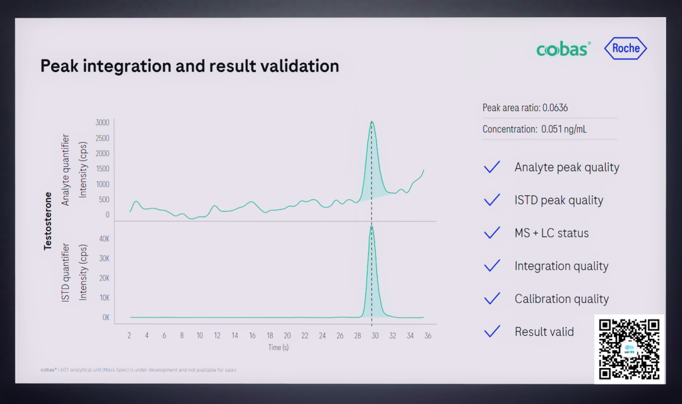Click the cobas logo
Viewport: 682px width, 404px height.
[563, 49]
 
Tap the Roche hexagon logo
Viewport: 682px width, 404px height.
[625, 49]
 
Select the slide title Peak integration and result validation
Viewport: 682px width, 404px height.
[189, 66]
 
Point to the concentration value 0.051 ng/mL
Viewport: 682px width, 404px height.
[563, 129]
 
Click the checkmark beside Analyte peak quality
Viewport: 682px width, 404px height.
[492, 167]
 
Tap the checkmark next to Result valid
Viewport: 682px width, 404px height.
[492, 331]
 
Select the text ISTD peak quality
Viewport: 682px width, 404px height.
[559, 200]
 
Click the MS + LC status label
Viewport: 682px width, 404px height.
[551, 233]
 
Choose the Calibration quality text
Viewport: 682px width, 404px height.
[561, 299]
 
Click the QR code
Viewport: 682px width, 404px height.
[629, 349]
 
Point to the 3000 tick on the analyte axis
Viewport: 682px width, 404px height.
[102, 123]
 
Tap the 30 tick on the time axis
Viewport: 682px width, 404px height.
[374, 335]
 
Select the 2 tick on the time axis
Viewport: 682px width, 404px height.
[129, 335]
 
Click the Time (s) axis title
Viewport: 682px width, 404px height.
[278, 347]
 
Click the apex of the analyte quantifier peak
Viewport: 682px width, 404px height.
[372, 121]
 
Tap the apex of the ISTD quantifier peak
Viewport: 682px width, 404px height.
[371, 226]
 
